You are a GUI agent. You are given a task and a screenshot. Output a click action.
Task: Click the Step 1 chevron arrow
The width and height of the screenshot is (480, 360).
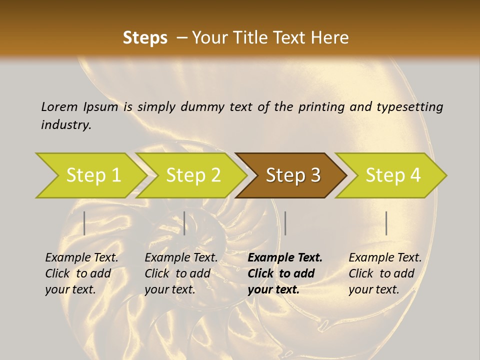(93, 175)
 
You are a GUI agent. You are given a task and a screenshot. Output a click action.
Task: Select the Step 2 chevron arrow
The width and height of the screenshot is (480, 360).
(193, 175)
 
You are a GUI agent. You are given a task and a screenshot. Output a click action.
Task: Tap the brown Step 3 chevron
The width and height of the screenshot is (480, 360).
(293, 175)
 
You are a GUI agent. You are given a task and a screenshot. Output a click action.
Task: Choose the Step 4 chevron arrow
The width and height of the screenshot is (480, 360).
(393, 175)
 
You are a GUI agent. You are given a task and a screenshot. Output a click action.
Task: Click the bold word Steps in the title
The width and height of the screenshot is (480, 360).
(145, 38)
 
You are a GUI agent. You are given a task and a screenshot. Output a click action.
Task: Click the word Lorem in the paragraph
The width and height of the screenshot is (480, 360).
(59, 106)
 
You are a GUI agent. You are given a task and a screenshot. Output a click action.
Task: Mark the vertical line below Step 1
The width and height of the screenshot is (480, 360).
(84, 223)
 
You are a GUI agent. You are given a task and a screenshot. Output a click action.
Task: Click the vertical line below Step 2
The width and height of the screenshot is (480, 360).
(184, 223)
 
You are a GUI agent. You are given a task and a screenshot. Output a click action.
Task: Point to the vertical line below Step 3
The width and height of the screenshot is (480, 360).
(285, 223)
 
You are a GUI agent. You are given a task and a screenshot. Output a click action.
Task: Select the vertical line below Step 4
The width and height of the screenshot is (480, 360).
(386, 223)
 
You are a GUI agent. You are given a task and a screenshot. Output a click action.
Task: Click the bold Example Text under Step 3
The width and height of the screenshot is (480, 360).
(285, 258)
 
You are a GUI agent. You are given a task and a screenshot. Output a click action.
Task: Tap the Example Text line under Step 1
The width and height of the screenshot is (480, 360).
(81, 258)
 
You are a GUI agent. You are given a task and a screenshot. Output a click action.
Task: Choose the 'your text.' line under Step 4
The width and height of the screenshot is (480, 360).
(373, 289)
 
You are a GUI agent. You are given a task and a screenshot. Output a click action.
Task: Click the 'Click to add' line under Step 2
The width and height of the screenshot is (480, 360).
(177, 273)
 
